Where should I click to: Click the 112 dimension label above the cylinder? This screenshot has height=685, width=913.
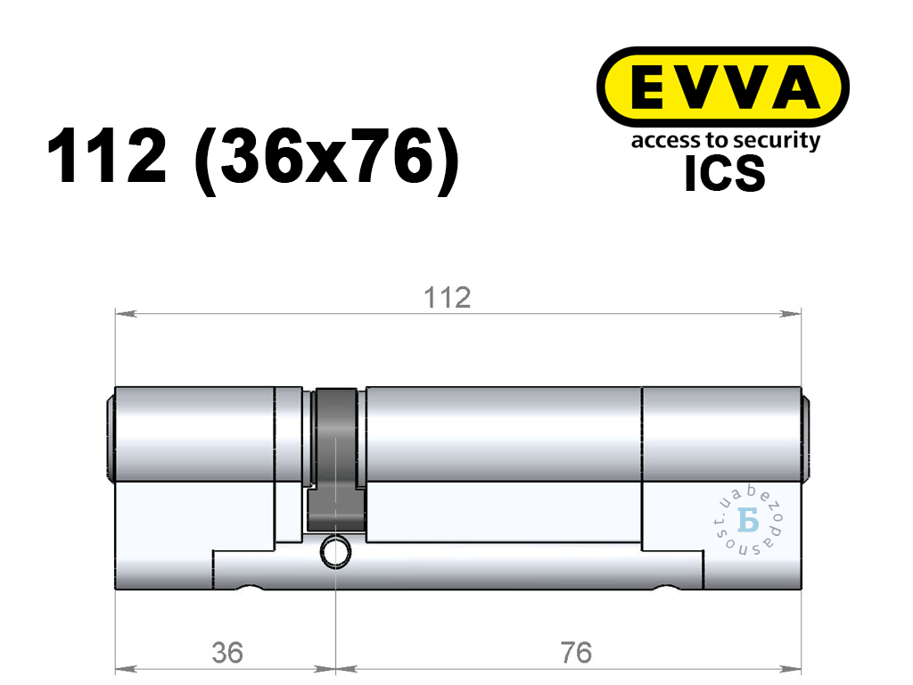448,298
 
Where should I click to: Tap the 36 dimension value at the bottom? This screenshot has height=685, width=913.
227,652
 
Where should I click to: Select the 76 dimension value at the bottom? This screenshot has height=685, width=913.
576,652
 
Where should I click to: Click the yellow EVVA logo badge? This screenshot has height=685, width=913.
722,87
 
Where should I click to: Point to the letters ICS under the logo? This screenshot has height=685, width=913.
724,174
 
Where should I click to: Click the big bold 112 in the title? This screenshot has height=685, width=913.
107,156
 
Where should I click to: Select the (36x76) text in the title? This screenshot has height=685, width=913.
327,159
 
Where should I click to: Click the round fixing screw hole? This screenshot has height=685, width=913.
335,551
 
